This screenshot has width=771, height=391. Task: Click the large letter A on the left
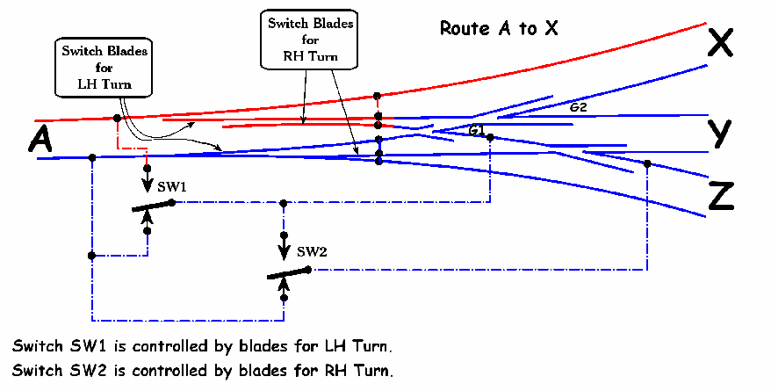[x=40, y=138]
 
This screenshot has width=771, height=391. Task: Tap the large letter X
[x=720, y=42]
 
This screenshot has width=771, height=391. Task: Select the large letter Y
[x=719, y=134]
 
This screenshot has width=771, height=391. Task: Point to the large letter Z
[x=721, y=196]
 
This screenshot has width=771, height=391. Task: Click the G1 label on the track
[x=477, y=130]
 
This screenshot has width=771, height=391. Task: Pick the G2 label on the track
[x=578, y=107]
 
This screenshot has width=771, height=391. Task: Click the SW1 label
[x=172, y=187]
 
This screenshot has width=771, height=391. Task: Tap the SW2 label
[x=312, y=252]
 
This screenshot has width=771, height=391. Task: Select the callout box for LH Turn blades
[x=104, y=68]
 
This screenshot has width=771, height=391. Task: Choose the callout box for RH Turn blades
[x=309, y=40]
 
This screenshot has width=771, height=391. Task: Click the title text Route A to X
[x=499, y=28]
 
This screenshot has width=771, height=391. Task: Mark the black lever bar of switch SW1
[x=153, y=206]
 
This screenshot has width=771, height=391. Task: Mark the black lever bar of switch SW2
[x=289, y=273]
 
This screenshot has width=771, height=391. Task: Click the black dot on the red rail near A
[x=117, y=119]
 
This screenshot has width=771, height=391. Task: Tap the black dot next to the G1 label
[x=490, y=138]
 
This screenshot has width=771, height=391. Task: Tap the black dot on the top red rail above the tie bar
[x=377, y=96]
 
